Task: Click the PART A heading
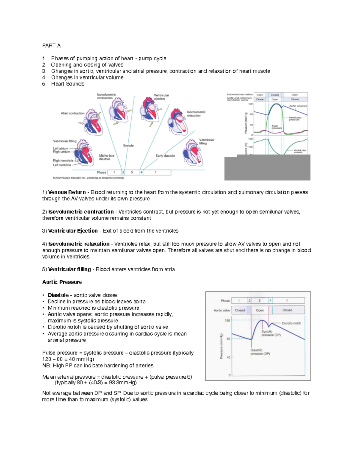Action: (x=51, y=46)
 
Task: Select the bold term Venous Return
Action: (x=67, y=192)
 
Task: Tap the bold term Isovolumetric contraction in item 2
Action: (x=81, y=212)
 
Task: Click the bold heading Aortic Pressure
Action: (x=62, y=282)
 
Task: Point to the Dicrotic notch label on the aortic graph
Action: (x=291, y=323)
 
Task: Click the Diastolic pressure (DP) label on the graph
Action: (x=260, y=352)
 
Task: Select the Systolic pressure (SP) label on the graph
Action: (x=271, y=333)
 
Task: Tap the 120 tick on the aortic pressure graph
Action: (x=228, y=320)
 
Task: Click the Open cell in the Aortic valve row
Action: (x=260, y=310)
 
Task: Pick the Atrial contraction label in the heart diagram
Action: (x=73, y=113)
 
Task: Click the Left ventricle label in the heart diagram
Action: (x=62, y=165)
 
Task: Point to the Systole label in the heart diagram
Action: (x=128, y=146)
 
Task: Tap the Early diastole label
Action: (x=165, y=156)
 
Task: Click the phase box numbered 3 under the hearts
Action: (x=132, y=173)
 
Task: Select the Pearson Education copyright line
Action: (x=88, y=178)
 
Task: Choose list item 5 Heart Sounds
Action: (x=67, y=84)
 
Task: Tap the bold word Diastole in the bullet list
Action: (x=58, y=295)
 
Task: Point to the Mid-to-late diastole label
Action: (x=106, y=157)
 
